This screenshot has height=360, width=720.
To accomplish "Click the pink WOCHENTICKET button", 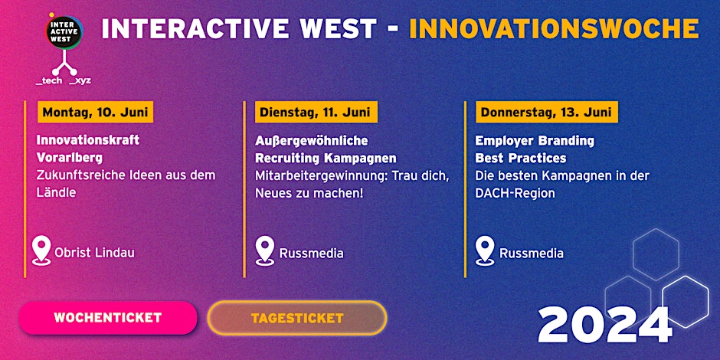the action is coord(108,318).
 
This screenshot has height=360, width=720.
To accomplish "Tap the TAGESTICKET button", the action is coord(297,318).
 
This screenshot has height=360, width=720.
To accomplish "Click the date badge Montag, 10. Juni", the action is coord(96,113).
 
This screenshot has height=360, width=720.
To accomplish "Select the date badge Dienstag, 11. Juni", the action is coord(316,113).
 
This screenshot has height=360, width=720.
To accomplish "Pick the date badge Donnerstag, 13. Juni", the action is coord(546,113).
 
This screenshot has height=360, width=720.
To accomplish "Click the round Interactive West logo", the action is coord(64,31).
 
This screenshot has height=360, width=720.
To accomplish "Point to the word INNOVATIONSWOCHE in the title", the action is coord(555,28).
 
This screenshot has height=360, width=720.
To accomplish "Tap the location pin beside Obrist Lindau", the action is coord(41,250).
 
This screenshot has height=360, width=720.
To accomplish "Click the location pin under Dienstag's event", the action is coord(265,250).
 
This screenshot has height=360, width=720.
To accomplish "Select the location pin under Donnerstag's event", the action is coord(485,250).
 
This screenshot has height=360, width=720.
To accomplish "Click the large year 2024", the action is coord(605,325).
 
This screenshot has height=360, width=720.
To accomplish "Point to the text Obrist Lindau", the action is coord(94,253).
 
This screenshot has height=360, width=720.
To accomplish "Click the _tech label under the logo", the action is coord(49,81).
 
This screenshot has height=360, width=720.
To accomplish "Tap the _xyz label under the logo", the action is coord(80,81).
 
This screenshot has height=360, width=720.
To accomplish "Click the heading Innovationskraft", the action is coord(88,140).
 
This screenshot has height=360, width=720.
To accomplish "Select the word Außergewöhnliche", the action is coord(311,140).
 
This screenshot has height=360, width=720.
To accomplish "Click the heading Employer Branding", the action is coord(535,140).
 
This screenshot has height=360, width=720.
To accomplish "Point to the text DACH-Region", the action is coord(515,193).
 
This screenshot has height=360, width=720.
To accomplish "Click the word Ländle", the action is coord(56,192).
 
